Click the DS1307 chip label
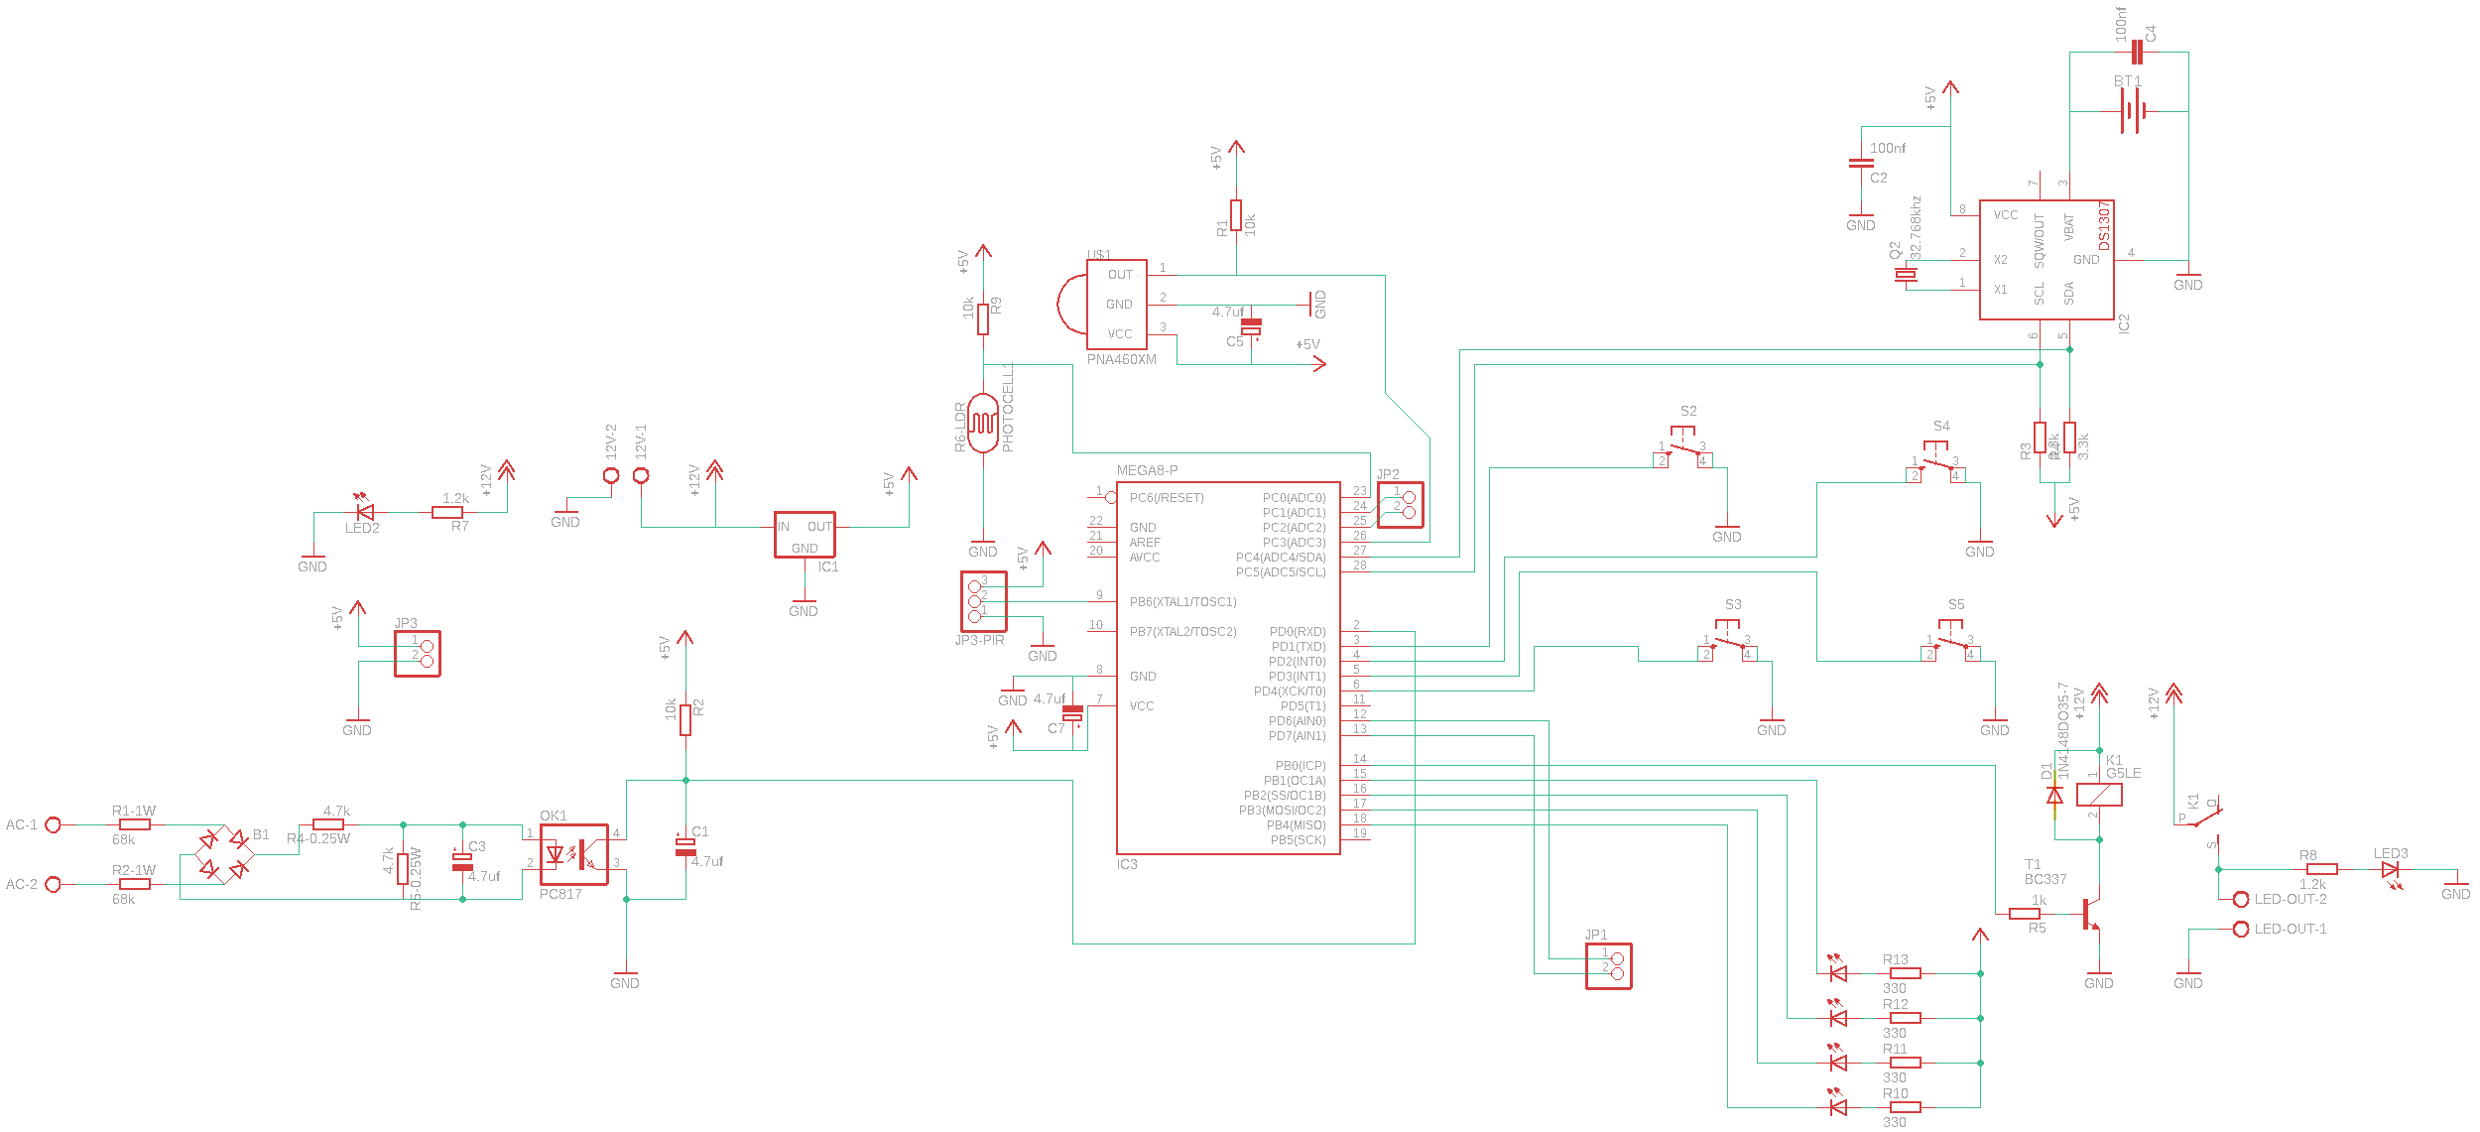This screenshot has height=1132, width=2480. [2103, 226]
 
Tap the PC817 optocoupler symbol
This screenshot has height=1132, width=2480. [573, 854]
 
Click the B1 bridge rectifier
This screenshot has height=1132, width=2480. [223, 854]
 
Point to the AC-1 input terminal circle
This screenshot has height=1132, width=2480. [54, 824]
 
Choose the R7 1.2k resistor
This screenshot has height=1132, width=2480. [447, 513]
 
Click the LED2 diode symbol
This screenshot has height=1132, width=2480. [365, 513]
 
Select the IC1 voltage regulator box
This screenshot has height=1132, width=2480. [805, 535]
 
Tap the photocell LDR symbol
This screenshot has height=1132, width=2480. [983, 424]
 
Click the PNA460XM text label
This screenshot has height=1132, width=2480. [1121, 360]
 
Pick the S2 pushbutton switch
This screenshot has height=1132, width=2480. [1682, 449]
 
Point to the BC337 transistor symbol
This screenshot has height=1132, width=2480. [2090, 914]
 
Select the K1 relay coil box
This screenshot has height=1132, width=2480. [2099, 795]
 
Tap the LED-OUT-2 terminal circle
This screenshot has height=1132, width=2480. [2240, 899]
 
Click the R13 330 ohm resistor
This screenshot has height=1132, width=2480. [1905, 973]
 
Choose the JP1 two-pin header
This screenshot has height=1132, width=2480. [1608, 965]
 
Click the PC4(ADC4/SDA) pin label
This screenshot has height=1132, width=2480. [1280, 558]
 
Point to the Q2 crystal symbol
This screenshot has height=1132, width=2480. [1905, 275]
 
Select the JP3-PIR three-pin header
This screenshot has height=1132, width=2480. [983, 601]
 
